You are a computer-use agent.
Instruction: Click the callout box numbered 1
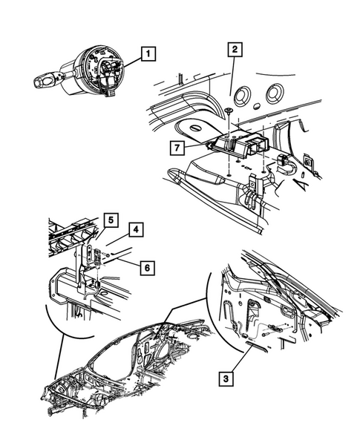tap(149, 53)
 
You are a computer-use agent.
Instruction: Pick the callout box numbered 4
tap(139, 229)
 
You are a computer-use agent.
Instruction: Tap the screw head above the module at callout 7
tap(226, 111)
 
